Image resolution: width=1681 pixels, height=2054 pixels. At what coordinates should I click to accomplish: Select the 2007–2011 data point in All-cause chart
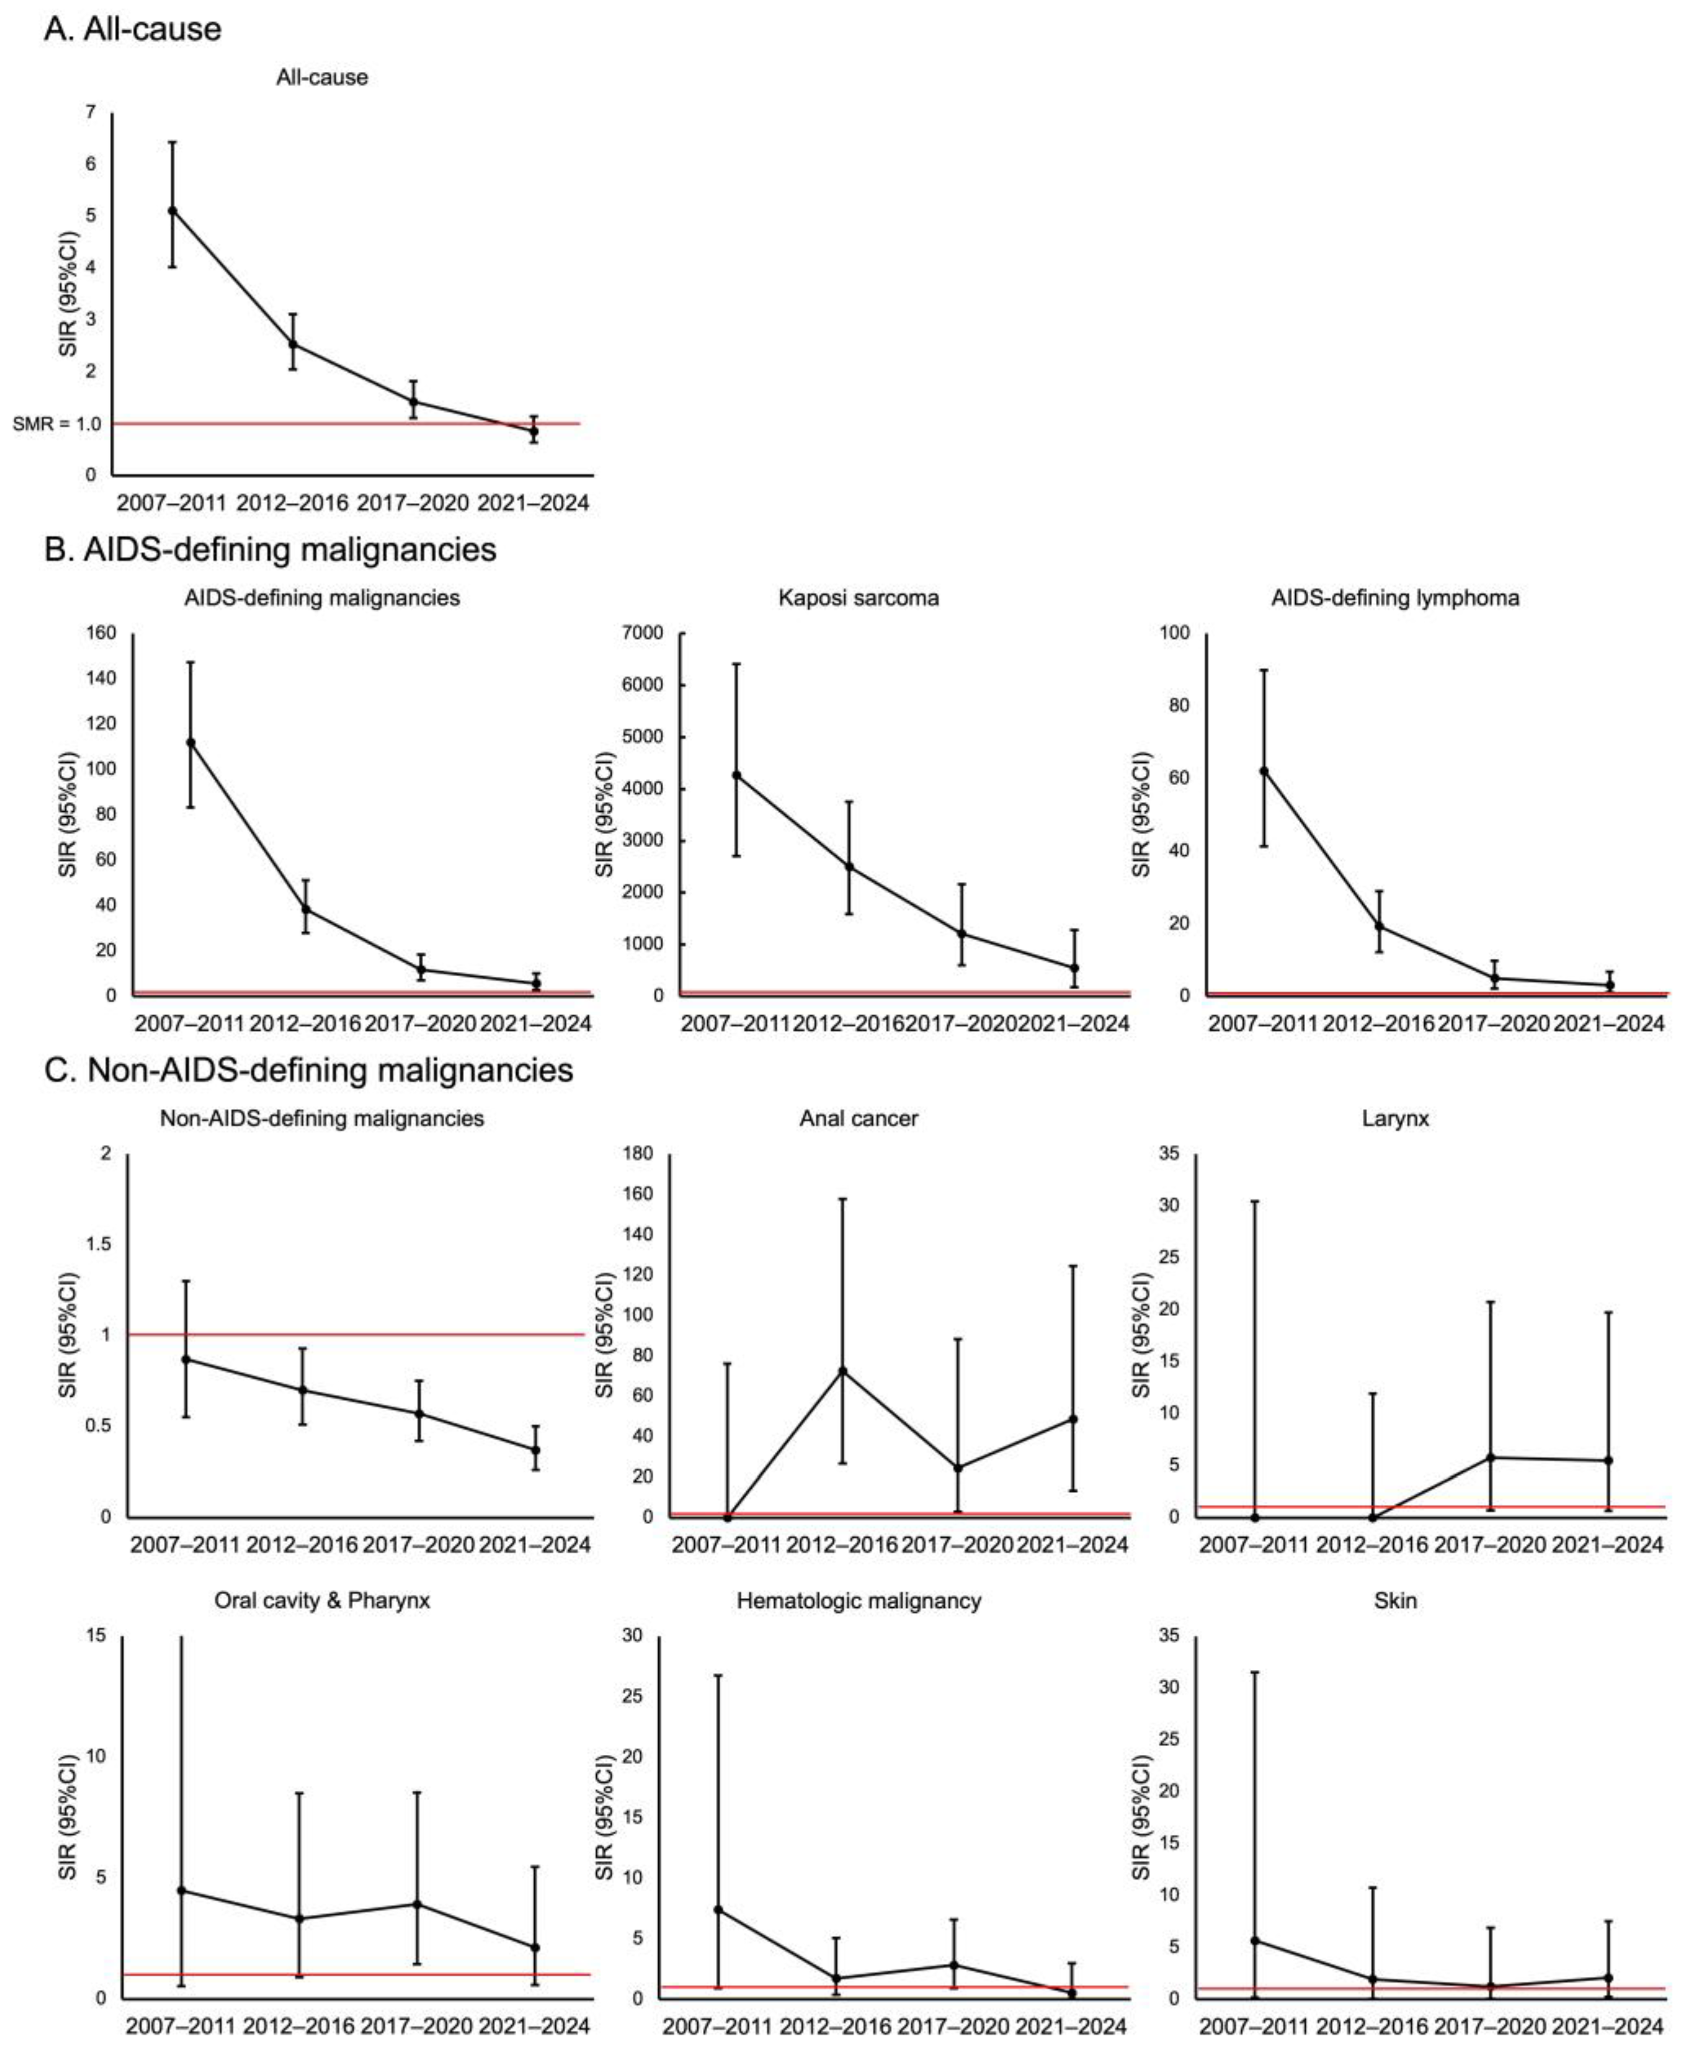coord(172,210)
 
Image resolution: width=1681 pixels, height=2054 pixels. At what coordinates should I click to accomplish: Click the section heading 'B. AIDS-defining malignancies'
coord(270,549)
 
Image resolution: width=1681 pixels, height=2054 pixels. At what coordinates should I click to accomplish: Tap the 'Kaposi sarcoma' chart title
coord(858,597)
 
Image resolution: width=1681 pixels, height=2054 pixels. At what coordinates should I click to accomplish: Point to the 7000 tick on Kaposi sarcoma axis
coord(644,633)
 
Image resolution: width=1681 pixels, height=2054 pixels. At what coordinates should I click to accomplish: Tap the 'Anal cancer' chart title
coord(858,1119)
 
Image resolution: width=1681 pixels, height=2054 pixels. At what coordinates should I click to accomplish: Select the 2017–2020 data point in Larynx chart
coord(1491,1458)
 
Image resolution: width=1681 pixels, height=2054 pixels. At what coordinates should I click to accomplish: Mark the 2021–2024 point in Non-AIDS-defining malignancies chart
coord(535,1449)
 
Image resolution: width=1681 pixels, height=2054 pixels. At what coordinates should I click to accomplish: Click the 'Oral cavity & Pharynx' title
coord(322,1601)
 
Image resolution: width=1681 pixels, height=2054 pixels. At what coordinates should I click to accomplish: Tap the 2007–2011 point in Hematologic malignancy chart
coord(718,1910)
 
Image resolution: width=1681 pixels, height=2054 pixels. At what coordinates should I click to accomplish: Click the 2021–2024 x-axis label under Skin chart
coord(1608,2026)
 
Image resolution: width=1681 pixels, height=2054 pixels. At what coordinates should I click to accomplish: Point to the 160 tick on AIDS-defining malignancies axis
coord(102,633)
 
